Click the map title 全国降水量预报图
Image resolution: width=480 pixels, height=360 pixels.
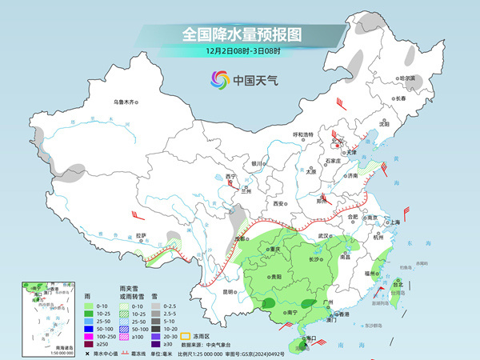[241, 35]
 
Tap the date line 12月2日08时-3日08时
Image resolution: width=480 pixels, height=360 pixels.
[241, 52]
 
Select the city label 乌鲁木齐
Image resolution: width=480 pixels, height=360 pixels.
[126, 102]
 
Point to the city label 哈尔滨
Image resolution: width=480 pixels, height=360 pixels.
[408, 78]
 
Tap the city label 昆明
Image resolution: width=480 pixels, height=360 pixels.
[230, 292]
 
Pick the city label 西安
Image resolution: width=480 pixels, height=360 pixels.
[279, 204]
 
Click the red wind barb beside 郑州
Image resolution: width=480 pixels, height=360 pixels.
[325, 198]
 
